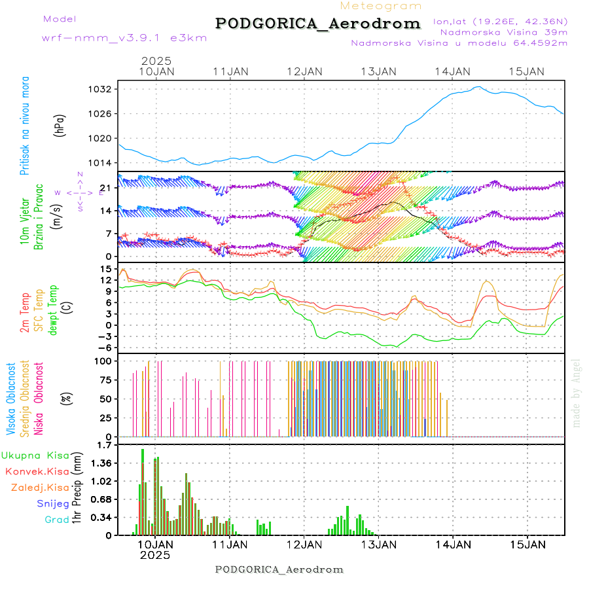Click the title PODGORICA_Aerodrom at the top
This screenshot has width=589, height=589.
pyautogui.click(x=317, y=24)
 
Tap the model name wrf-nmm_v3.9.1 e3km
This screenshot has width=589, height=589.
pyautogui.click(x=124, y=37)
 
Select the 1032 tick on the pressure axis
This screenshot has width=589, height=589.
pyautogui.click(x=105, y=89)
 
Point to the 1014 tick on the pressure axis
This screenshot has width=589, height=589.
pyautogui.click(x=105, y=163)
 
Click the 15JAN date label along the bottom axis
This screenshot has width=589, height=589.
pyautogui.click(x=527, y=544)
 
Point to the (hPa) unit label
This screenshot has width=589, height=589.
pyautogui.click(x=60, y=126)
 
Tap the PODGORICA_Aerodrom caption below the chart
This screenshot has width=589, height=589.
pyautogui.click(x=279, y=569)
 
